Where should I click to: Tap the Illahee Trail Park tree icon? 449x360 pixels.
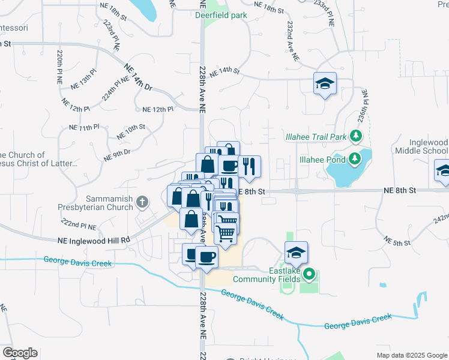click(x=357, y=136)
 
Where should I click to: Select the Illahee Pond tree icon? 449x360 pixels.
click(x=355, y=159)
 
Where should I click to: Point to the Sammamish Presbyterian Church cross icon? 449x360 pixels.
click(x=142, y=201)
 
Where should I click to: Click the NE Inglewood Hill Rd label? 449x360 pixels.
click(x=94, y=240)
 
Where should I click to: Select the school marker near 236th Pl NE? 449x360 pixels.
click(x=325, y=83)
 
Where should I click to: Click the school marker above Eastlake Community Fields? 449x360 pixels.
click(x=296, y=253)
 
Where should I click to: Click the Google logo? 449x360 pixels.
click(x=20, y=353)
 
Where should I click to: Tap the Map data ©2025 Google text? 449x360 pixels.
click(x=411, y=355)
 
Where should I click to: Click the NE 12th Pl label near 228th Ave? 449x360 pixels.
click(x=158, y=109)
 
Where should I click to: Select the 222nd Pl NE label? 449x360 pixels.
click(x=87, y=224)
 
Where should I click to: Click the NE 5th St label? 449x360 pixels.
click(x=399, y=242)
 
